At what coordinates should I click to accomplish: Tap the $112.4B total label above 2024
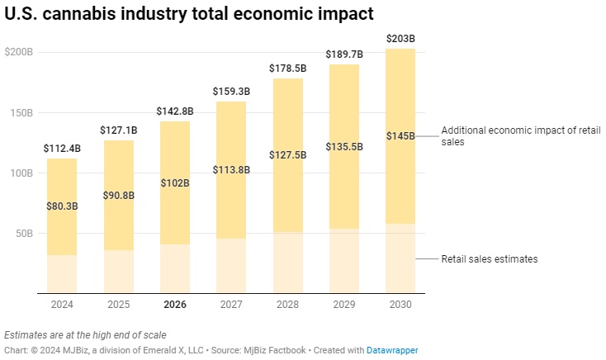pyautogui.click(x=62, y=149)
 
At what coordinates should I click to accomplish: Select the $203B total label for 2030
pyautogui.click(x=400, y=39)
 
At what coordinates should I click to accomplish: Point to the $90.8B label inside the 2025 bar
pyautogui.click(x=118, y=196)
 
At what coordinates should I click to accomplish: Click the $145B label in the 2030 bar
pyautogui.click(x=400, y=136)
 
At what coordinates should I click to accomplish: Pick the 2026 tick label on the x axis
pyautogui.click(x=175, y=305)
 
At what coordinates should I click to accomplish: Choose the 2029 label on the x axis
pyautogui.click(x=344, y=305)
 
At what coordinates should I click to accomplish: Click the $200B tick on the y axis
pyautogui.click(x=18, y=52)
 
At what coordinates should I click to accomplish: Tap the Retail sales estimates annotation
pyautogui.click(x=490, y=259)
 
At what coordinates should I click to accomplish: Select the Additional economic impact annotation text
pyautogui.click(x=521, y=136)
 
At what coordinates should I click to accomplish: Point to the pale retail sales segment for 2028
pyautogui.click(x=287, y=262)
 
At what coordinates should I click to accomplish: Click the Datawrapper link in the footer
pyautogui.click(x=392, y=351)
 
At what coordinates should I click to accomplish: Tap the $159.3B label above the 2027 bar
pyautogui.click(x=231, y=92)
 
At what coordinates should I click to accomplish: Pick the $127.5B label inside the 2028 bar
pyautogui.click(x=287, y=155)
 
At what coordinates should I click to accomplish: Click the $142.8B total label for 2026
pyautogui.click(x=175, y=111)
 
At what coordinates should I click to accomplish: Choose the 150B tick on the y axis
pyautogui.click(x=21, y=112)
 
